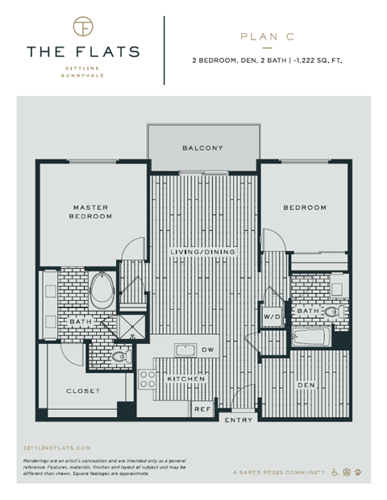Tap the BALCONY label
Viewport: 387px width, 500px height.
pyautogui.click(x=202, y=148)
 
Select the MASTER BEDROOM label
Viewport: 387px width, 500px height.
pyautogui.click(x=91, y=213)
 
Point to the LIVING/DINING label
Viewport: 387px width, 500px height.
pyautogui.click(x=202, y=253)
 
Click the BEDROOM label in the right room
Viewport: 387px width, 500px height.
pyautogui.click(x=304, y=208)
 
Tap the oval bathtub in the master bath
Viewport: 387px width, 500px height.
pyautogui.click(x=102, y=290)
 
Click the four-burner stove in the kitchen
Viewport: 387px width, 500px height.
pyautogui.click(x=148, y=378)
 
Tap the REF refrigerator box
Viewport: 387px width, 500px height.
pyautogui.click(x=202, y=409)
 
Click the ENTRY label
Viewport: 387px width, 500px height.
pyautogui.click(x=238, y=420)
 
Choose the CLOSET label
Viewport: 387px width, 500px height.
pyautogui.click(x=82, y=391)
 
